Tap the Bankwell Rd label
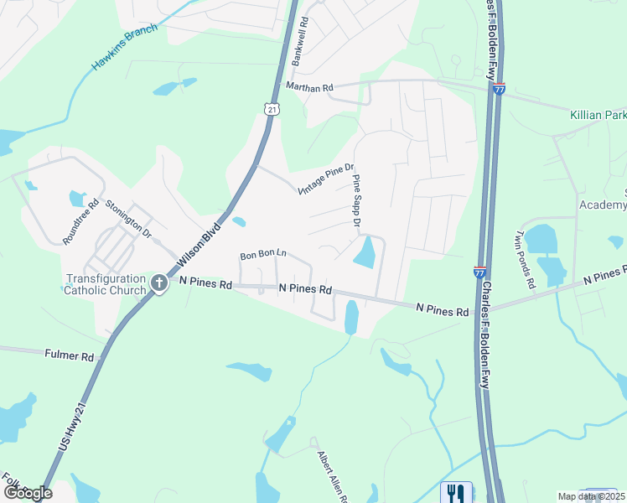[301, 43]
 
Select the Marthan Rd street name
[309, 86]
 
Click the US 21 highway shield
[269, 108]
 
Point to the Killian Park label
[598, 114]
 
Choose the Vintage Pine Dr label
[327, 179]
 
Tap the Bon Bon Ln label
[263, 254]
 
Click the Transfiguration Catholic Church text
[106, 285]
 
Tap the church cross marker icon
[159, 284]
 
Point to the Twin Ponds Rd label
[526, 259]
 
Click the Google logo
[27, 492]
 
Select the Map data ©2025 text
[591, 496]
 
